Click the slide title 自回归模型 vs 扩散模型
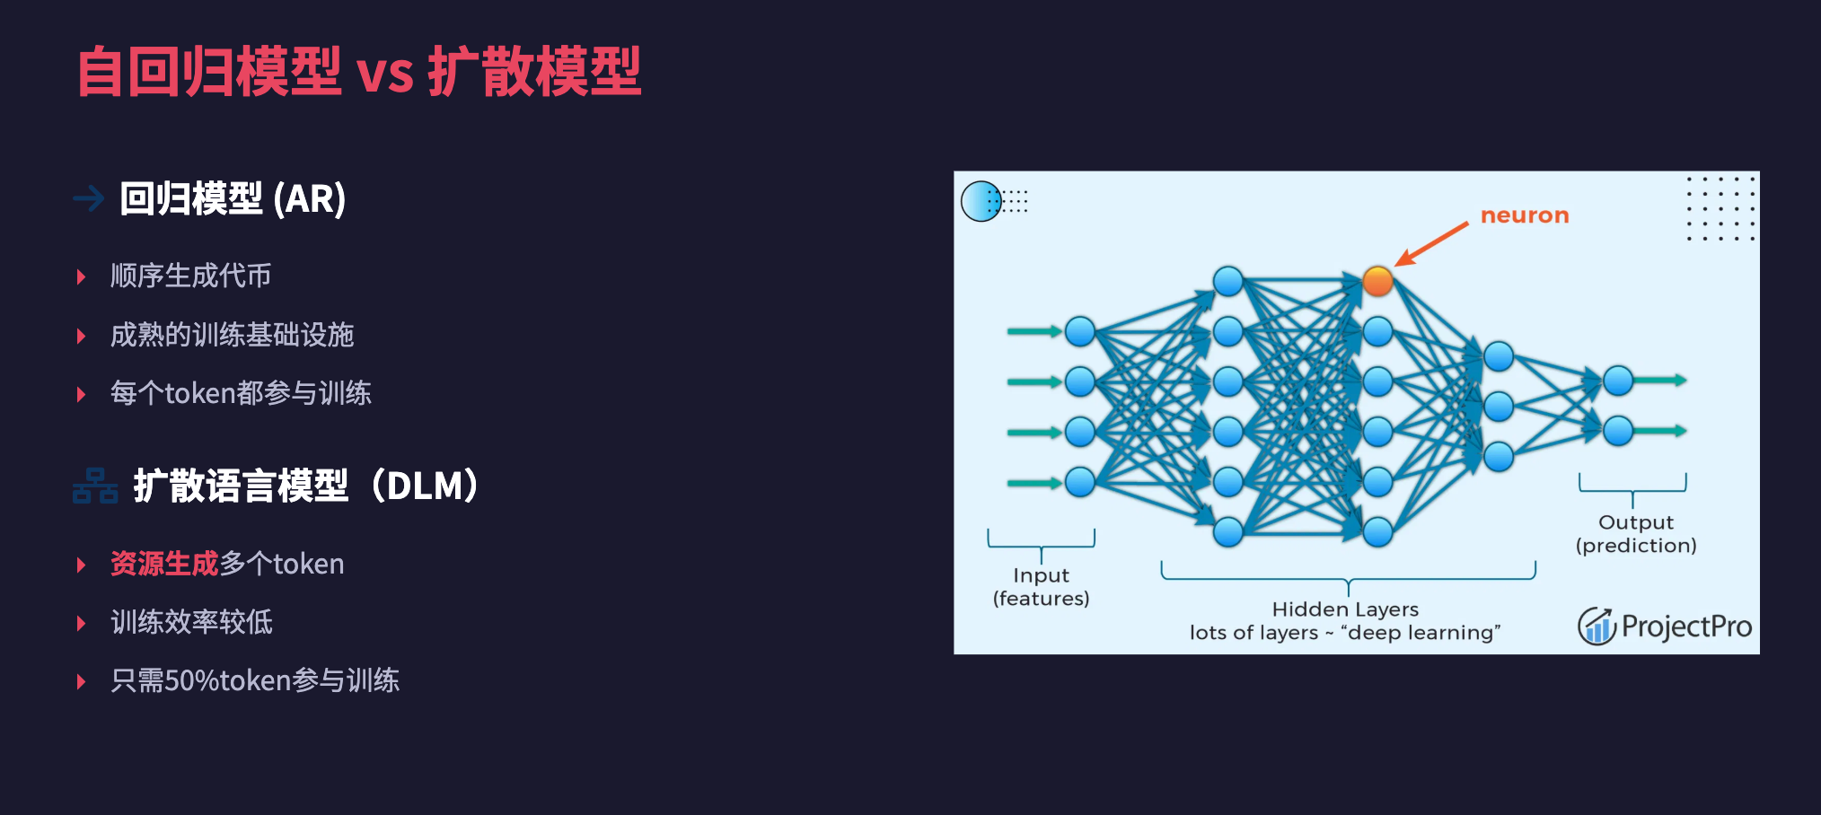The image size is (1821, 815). coord(359,72)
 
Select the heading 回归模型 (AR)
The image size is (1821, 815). coord(233,198)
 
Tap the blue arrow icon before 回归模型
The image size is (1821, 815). coord(89,197)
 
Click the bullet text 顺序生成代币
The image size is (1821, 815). coord(190,276)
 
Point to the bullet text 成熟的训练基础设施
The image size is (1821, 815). coord(232,335)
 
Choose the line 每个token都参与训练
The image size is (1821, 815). coord(241,393)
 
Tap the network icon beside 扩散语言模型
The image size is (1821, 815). coord(95,486)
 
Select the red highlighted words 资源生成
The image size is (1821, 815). coord(164,564)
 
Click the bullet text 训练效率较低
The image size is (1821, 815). coord(191,622)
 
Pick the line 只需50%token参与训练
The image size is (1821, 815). coord(255,680)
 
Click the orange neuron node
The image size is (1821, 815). coord(1377,281)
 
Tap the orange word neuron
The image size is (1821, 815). coord(1525,215)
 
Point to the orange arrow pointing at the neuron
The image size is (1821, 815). coord(1433,243)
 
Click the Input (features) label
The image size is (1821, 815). coord(1041,587)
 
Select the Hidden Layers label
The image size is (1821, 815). coord(1345,620)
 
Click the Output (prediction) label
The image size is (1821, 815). coord(1636,534)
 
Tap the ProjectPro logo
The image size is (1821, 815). coord(1665,626)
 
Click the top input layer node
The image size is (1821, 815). coord(1080,331)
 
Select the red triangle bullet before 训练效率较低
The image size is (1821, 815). coord(81,623)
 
